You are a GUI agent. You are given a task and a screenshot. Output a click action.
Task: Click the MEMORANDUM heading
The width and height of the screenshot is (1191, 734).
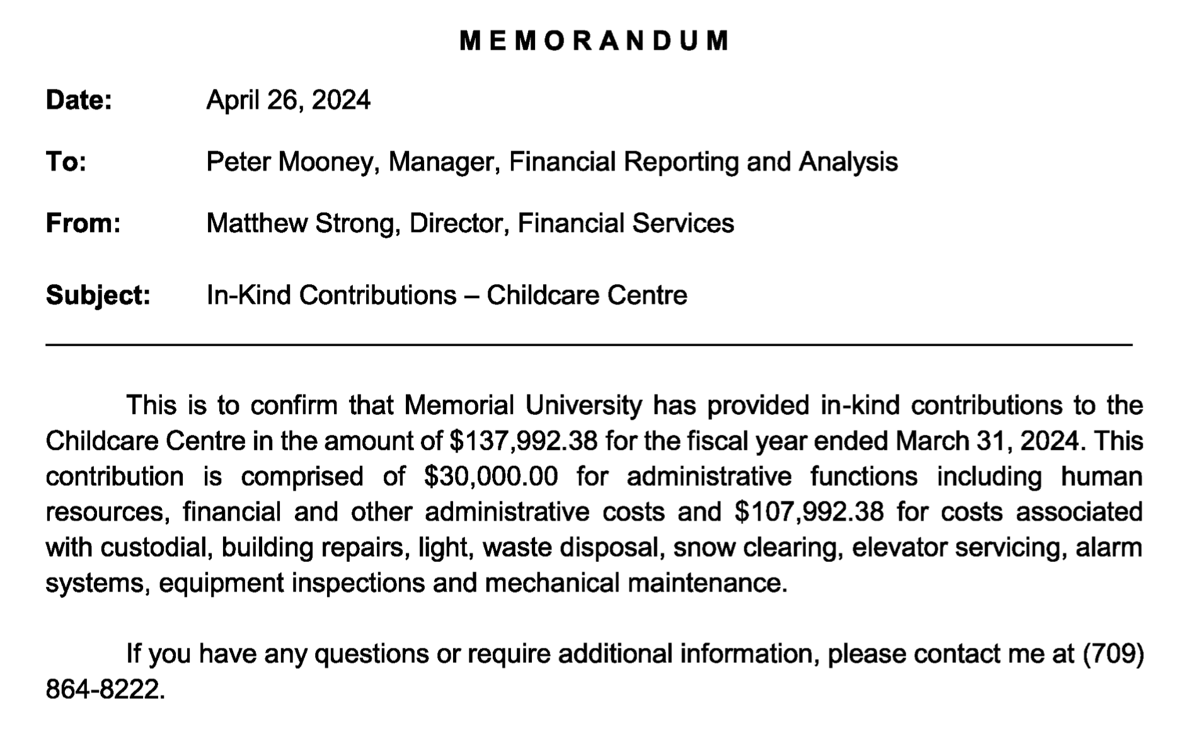click(594, 40)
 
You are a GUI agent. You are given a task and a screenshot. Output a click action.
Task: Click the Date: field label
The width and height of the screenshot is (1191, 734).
click(79, 100)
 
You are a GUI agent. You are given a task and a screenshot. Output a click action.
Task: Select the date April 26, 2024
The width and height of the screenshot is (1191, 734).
click(288, 100)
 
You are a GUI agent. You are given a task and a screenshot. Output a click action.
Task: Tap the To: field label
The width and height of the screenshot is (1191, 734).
click(66, 162)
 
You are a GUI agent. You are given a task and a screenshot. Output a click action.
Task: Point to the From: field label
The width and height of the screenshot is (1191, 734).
click(83, 223)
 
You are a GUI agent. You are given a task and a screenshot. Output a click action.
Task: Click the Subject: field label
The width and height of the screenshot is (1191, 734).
click(98, 295)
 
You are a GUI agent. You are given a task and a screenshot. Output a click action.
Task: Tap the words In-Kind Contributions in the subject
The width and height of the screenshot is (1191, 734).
click(331, 295)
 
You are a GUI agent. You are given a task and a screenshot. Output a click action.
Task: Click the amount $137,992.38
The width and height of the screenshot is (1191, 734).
click(523, 441)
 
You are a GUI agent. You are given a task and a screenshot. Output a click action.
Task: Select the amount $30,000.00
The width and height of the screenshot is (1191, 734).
click(491, 476)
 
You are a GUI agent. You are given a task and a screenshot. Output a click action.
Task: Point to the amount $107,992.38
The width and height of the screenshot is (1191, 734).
click(809, 511)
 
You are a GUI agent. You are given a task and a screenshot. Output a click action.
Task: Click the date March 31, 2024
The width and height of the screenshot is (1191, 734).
click(987, 441)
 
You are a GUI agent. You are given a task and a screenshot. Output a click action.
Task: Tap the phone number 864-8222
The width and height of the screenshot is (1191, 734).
click(103, 689)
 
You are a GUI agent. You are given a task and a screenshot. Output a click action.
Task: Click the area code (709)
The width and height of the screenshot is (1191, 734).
click(1113, 654)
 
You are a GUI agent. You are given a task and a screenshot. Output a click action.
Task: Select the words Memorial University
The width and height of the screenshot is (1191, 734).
click(522, 405)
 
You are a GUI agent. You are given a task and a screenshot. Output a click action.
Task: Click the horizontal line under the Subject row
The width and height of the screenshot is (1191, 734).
click(589, 345)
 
